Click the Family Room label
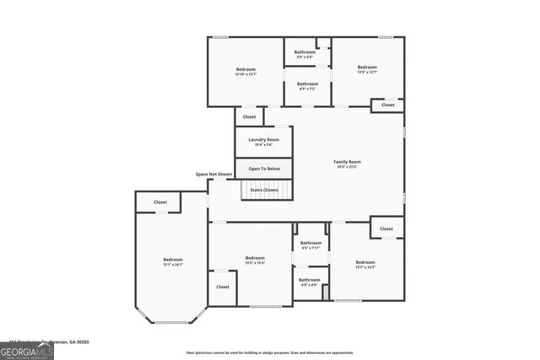pos(348,162)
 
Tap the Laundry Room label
pos(263,140)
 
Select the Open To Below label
pos(263,169)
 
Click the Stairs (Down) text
pos(263,190)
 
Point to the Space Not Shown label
pos(213,174)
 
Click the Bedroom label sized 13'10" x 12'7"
pos(246,68)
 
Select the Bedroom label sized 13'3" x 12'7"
pos(367,67)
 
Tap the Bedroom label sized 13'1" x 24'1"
pos(172,260)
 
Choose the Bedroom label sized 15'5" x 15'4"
pos(255,258)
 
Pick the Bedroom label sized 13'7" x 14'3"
pos(365,262)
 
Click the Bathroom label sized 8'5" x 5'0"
pos(305,52)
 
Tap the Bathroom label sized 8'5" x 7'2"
pos(307,83)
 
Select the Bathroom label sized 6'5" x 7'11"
pos(310,243)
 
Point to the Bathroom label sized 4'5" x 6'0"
pos(309,280)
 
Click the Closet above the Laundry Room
pos(249,116)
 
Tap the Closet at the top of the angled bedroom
pos(160,202)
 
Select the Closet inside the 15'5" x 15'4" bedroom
pos(223,287)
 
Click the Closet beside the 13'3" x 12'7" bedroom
pos(387,105)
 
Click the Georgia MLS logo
pos(27,350)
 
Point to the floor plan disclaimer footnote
pos(269,353)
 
